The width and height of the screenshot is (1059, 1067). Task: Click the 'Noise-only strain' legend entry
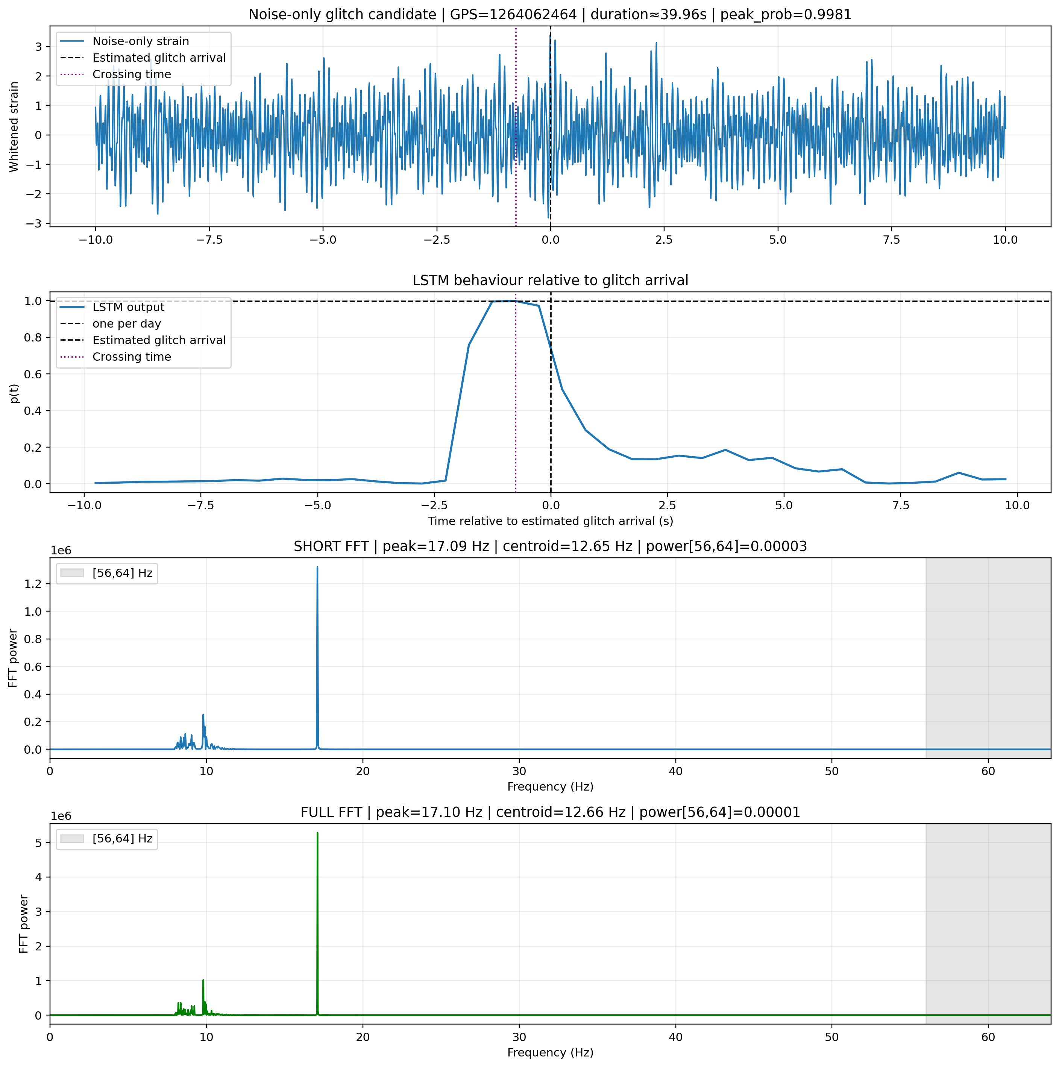[x=141, y=41]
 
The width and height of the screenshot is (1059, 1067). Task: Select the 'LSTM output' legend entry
[x=129, y=307]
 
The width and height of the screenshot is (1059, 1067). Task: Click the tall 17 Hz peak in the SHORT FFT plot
[x=317, y=657]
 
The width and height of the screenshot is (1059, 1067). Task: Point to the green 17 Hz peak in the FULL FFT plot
[x=317, y=923]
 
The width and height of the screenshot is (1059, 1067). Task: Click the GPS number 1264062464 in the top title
[x=513, y=14]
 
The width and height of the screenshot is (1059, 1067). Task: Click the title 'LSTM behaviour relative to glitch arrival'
[x=551, y=281]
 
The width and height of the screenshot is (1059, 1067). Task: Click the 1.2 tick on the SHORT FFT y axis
[x=34, y=584]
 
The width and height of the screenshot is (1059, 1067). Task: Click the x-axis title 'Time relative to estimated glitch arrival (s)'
[x=551, y=521]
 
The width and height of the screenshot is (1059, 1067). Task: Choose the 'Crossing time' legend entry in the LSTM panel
[x=132, y=357]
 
